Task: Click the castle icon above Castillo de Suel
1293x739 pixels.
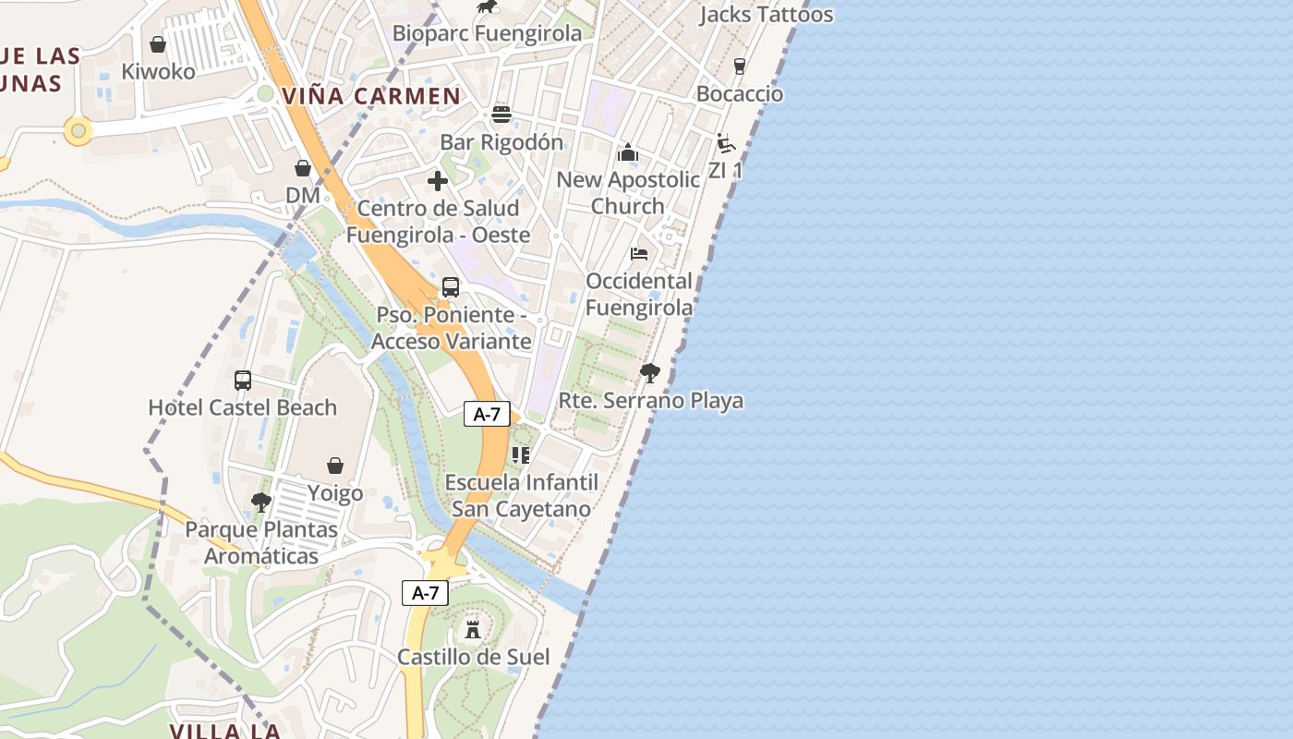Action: [x=473, y=630]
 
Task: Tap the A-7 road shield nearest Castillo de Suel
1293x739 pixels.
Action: [x=425, y=593]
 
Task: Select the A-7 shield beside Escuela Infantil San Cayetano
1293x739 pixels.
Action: [x=487, y=415]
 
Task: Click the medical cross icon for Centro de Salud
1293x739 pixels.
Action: [x=438, y=181]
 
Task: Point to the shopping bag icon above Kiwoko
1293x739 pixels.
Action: [x=158, y=44]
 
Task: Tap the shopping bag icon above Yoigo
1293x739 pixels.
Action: [x=335, y=466]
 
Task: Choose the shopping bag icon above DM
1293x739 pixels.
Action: [x=302, y=168]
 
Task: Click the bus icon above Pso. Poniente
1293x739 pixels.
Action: [x=451, y=287]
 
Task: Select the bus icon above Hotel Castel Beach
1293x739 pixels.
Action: [x=243, y=380]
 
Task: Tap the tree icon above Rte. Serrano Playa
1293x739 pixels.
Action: [x=650, y=373]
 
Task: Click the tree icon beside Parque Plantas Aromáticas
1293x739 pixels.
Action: [x=261, y=503]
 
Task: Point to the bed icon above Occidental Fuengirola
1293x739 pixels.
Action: [x=639, y=253]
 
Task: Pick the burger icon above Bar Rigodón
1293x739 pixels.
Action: [x=501, y=115]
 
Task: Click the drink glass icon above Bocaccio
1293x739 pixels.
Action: [x=739, y=67]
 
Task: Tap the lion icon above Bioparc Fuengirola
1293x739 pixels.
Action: [x=486, y=8]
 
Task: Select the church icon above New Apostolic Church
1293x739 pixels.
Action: [x=628, y=152]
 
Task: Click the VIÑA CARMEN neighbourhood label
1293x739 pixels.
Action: [x=371, y=96]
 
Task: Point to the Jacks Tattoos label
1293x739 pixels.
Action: [x=766, y=15]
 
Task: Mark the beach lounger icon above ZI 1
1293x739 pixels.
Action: [x=726, y=143]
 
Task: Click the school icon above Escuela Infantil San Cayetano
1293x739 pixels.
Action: [x=521, y=454]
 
